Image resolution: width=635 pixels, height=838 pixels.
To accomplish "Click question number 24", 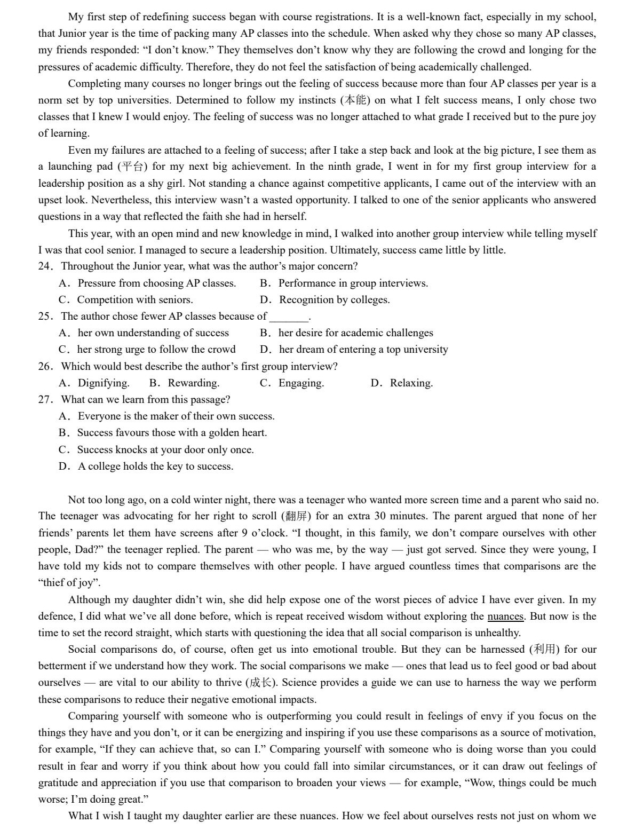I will coord(45,266).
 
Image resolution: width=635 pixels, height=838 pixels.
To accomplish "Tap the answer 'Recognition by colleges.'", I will coord(334,300).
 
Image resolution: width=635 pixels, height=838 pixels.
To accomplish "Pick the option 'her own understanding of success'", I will coord(153,333).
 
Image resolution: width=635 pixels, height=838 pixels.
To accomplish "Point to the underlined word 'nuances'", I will coord(505,616).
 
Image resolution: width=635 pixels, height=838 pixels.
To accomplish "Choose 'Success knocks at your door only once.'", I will coord(165,450).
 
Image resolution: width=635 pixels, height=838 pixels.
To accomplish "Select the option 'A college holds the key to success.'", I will coord(155,467).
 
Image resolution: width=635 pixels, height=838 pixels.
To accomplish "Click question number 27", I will coord(45,400).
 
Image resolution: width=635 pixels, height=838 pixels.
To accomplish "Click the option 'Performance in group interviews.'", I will coord(353,283).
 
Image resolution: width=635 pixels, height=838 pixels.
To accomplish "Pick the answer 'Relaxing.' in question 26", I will coord(411,383).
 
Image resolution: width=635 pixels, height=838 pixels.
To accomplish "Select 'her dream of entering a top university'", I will coord(363,350).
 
